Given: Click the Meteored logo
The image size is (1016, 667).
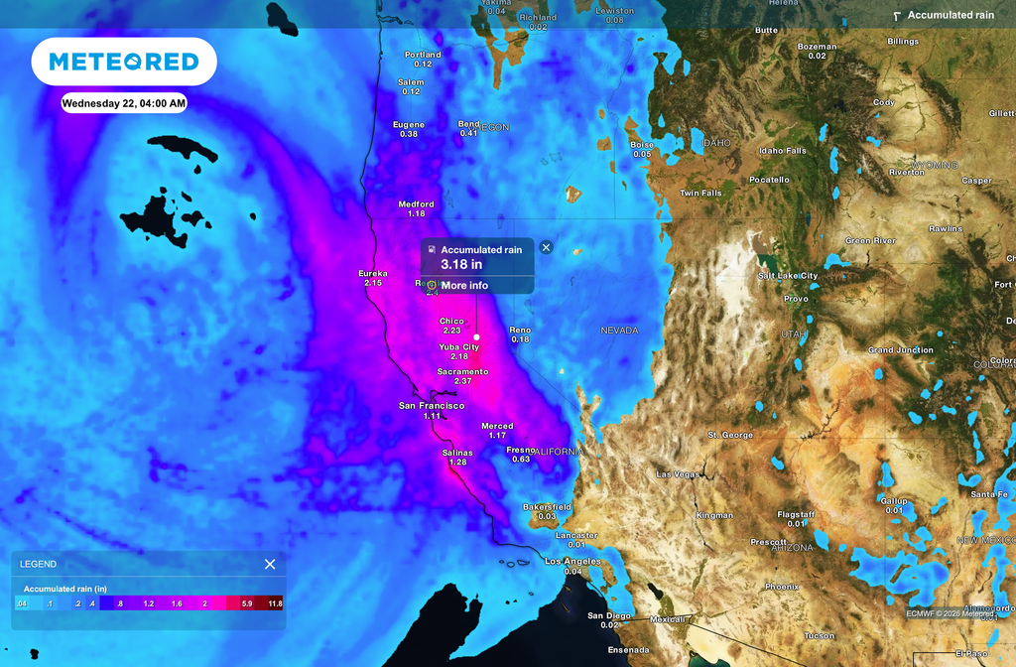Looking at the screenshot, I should [x=124, y=62].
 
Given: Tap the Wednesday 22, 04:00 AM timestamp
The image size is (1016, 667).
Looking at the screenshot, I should [x=124, y=102].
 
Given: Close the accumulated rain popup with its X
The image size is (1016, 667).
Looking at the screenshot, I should [x=546, y=247].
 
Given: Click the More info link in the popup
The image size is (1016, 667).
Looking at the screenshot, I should [x=464, y=286].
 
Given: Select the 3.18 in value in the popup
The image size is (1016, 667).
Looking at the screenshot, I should [x=461, y=265].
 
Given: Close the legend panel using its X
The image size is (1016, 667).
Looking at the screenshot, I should [x=270, y=564].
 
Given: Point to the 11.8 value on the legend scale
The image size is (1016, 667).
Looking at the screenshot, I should [x=275, y=603].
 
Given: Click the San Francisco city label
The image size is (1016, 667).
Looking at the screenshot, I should [x=432, y=406].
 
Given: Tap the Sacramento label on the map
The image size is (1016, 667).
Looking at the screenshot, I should [x=461, y=372].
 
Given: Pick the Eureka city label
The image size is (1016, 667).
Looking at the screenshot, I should [x=373, y=273].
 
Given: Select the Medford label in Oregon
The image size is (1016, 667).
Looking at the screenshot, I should [x=417, y=204].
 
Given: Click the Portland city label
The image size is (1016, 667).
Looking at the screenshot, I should [x=423, y=55].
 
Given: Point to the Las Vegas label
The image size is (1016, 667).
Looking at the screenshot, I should [x=679, y=474].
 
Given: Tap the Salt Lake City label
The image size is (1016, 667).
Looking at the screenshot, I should [x=788, y=276].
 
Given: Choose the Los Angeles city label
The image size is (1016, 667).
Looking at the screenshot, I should [x=572, y=562].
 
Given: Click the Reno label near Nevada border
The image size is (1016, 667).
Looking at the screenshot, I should [x=520, y=330].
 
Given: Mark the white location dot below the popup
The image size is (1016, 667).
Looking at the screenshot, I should [x=477, y=337].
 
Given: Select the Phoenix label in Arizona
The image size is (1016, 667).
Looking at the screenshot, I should [x=782, y=587].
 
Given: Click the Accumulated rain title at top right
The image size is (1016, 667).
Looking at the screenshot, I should [x=951, y=15].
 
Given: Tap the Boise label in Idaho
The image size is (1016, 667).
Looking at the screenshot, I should [x=642, y=145].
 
